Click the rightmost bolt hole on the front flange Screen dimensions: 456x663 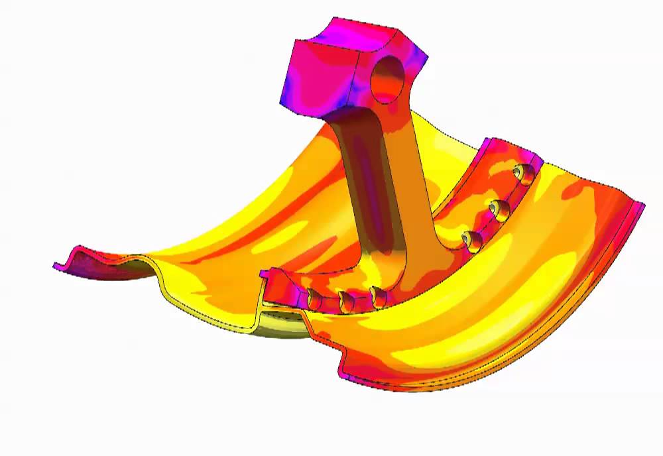[379, 297]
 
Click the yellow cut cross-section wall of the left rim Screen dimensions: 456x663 [199, 312]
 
